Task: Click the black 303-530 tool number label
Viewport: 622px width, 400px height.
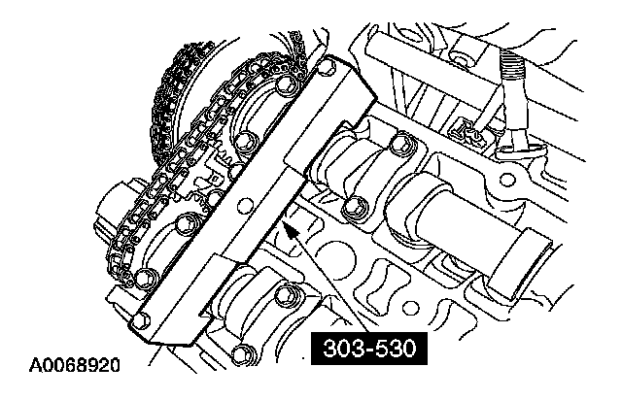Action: [x=369, y=349]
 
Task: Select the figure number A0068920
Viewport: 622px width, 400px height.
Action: [x=75, y=365]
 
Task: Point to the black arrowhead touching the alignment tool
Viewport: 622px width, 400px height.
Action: [x=290, y=231]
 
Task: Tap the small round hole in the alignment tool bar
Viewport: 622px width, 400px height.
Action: [x=244, y=205]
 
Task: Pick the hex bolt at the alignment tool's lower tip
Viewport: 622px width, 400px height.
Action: [x=141, y=320]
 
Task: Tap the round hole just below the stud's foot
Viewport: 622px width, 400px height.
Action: [x=507, y=180]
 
